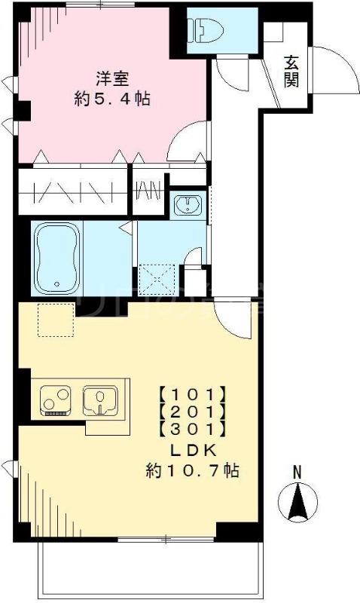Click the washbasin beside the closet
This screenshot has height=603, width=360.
pyautogui.click(x=185, y=204)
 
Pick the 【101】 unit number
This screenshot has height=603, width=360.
pyautogui.click(x=191, y=393)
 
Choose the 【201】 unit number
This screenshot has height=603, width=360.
pyautogui.click(x=191, y=412)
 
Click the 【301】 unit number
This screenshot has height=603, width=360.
pyautogui.click(x=191, y=430)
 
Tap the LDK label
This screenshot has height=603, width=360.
pyautogui.click(x=192, y=450)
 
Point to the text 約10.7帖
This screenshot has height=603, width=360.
pyautogui.click(x=192, y=471)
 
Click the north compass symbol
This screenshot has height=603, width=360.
pyautogui.click(x=298, y=500)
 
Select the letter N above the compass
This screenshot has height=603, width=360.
pyautogui.click(x=297, y=472)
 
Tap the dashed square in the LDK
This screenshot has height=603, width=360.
pyautogui.click(x=55, y=320)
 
